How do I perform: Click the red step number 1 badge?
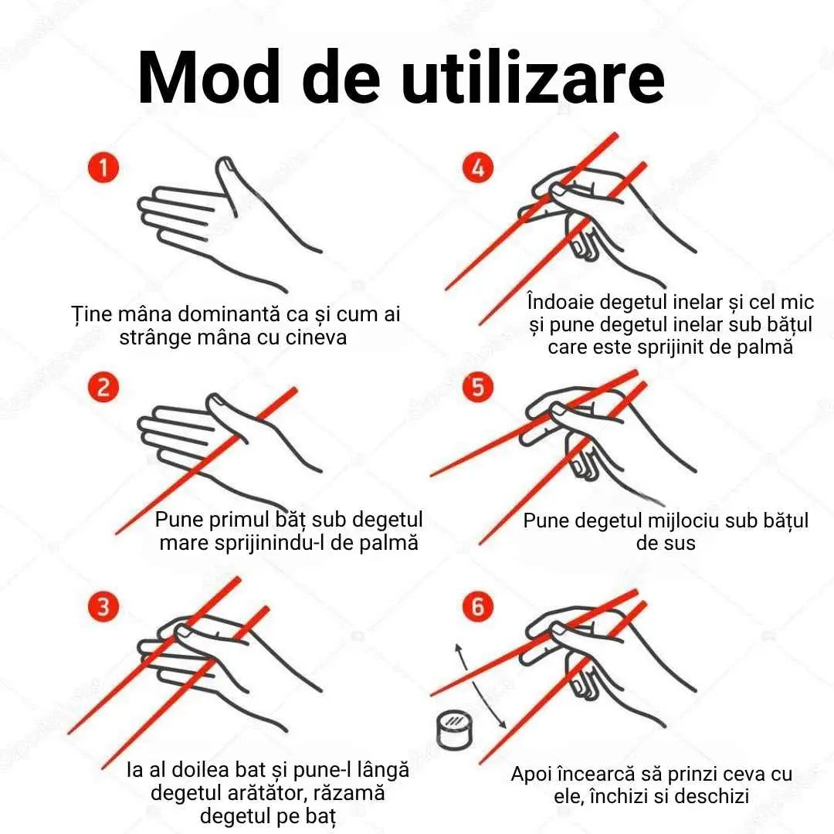point(103,168)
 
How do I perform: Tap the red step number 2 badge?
point(103,387)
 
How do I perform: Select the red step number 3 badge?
point(103,606)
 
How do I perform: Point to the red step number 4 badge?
point(478,168)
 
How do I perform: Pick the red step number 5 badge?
point(478,387)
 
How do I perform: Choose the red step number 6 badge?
point(478,606)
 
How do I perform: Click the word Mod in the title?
point(209,78)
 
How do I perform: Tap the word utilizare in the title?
point(533,78)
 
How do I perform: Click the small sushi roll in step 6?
point(455,729)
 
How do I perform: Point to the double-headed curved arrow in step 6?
point(475,687)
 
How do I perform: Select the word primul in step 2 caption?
point(242,520)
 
